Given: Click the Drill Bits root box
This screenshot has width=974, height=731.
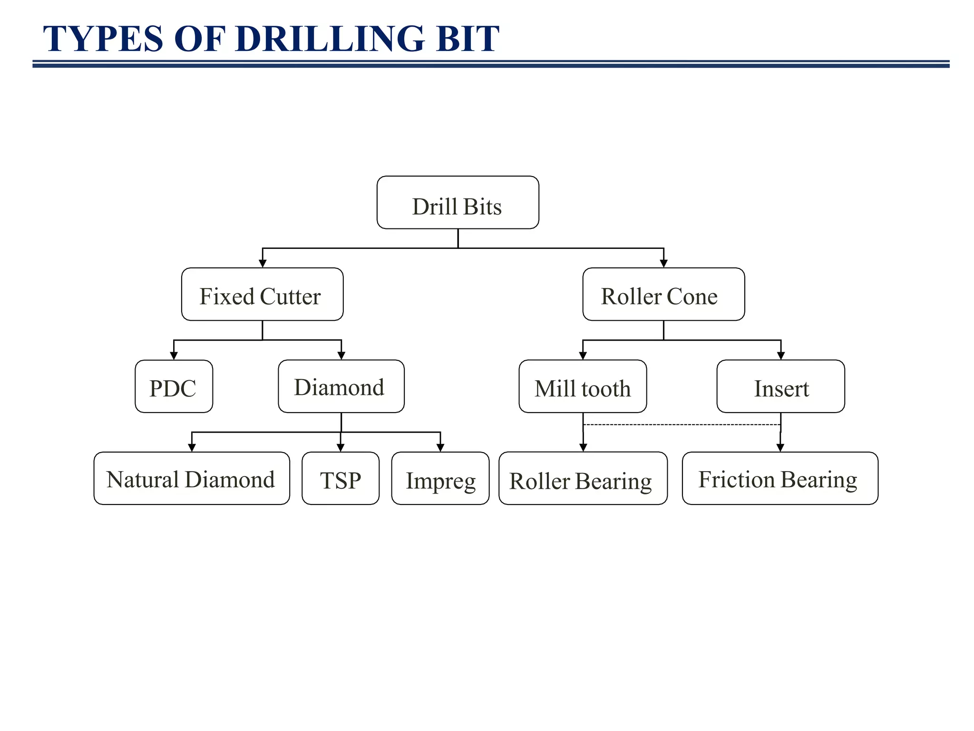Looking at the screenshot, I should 458,202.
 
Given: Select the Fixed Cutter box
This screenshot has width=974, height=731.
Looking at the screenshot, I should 262,294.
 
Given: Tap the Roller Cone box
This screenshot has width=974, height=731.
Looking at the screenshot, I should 663,294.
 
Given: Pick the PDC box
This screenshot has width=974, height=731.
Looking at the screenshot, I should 174,386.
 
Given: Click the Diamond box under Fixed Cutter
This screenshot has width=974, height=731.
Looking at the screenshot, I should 341,386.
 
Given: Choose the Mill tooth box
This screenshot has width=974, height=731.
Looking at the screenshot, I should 583,386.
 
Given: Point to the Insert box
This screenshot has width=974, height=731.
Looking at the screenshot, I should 780,386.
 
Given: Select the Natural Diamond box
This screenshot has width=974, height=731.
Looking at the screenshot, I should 192,478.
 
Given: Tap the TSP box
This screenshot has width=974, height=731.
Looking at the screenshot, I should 341,478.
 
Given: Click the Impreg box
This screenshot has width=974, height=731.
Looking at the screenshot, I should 440,478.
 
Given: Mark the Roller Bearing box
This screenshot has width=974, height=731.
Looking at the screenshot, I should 583,478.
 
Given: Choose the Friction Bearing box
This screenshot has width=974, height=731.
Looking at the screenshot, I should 780,478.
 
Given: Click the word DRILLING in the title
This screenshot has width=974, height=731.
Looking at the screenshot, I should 330,39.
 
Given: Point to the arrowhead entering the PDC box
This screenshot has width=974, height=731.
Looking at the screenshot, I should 174,356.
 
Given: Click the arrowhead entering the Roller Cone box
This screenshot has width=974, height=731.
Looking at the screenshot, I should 664,263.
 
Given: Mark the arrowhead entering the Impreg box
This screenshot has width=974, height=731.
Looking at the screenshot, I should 440,447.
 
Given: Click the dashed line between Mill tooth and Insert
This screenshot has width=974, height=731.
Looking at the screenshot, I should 682,425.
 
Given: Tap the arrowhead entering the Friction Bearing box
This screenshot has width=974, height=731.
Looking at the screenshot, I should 780,447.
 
